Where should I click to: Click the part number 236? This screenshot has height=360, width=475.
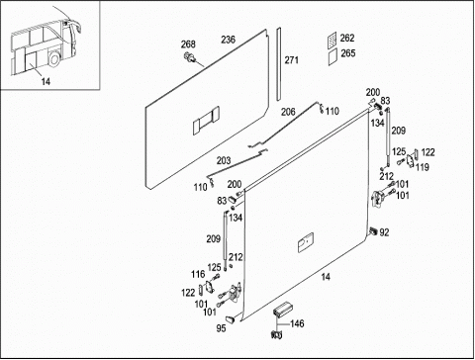point(228,40)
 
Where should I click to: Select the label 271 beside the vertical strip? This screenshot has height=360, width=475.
point(292,60)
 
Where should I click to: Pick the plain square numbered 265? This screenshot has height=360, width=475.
point(332,57)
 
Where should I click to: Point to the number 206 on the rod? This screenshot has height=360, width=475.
point(288,112)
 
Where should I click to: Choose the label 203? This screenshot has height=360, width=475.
point(224,160)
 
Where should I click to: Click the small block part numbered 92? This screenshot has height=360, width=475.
point(373,230)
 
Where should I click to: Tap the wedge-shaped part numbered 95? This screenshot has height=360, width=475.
point(231,318)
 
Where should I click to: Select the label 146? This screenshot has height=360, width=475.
point(297,323)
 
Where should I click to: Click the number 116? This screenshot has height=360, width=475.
point(198,274)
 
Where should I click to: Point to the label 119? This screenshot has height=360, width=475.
point(423,167)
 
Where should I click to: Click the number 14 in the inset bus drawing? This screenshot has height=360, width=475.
point(46,81)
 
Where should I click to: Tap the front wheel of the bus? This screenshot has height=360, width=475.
point(54,59)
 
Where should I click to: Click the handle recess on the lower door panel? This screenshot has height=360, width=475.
point(306,242)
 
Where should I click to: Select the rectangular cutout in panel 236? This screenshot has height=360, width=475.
point(206,120)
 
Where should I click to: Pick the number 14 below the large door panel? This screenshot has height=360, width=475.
point(326,277)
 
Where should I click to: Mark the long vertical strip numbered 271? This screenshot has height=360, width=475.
point(279,64)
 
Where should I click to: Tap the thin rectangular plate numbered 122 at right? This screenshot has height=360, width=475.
point(417,154)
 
